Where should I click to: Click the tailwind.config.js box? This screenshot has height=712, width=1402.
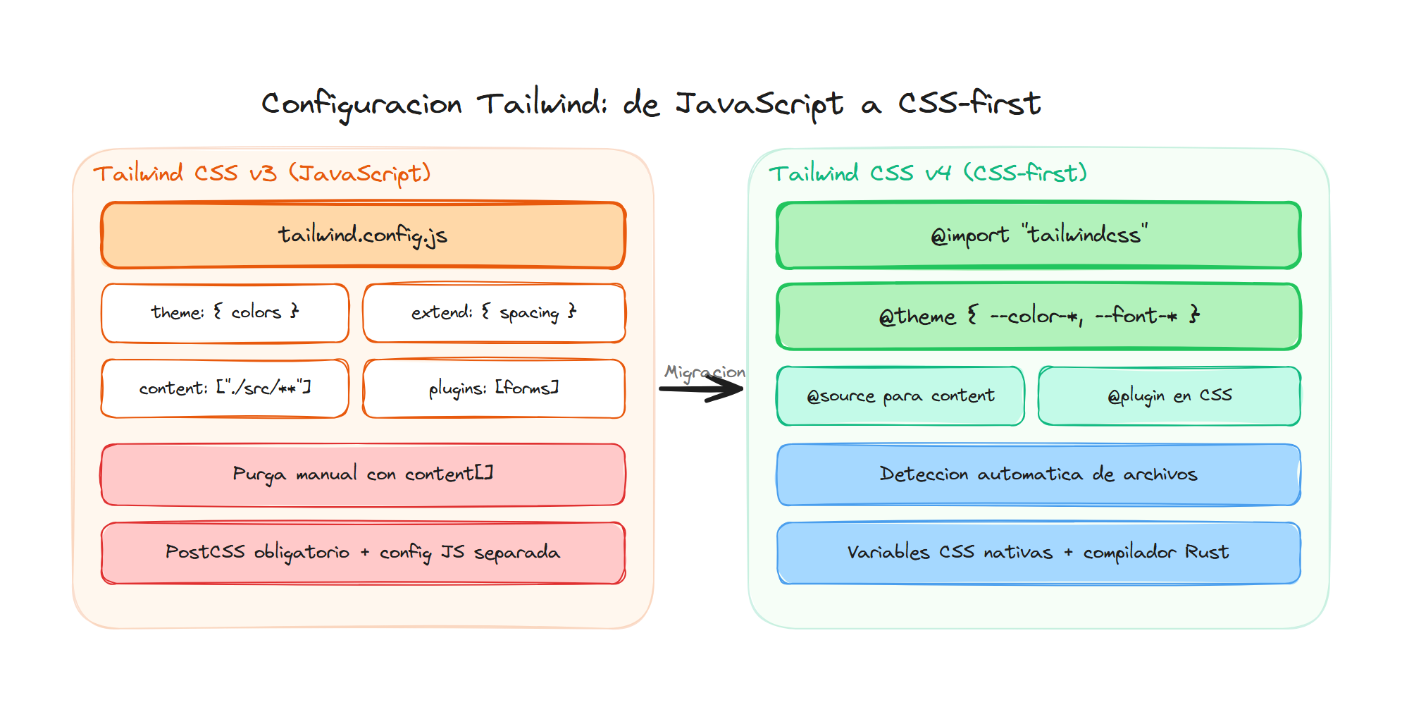(363, 235)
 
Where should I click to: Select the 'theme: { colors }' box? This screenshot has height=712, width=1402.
(225, 313)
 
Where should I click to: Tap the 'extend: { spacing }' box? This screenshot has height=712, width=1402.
(494, 313)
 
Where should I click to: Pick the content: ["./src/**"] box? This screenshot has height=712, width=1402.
(225, 388)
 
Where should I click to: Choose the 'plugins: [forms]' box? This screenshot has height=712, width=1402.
(494, 388)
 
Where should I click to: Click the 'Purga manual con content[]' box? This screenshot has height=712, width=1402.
(363, 474)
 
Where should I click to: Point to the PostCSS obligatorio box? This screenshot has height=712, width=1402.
(363, 553)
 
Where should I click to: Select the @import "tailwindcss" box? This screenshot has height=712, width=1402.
(1038, 235)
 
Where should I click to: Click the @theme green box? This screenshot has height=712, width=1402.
(1038, 317)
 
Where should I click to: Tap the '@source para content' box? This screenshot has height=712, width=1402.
(900, 396)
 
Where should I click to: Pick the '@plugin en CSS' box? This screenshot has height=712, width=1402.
(1170, 396)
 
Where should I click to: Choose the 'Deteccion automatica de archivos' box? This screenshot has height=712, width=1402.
(1038, 474)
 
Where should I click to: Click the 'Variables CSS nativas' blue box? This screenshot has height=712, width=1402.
(1038, 553)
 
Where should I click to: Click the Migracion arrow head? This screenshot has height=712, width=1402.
(733, 388)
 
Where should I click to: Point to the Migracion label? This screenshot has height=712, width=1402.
(705, 372)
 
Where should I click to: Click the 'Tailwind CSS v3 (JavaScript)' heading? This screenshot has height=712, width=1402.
(261, 173)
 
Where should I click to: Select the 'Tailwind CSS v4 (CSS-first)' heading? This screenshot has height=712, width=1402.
(927, 173)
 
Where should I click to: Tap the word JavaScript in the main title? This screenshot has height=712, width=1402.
(759, 104)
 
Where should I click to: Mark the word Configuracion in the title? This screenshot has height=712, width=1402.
(361, 104)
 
